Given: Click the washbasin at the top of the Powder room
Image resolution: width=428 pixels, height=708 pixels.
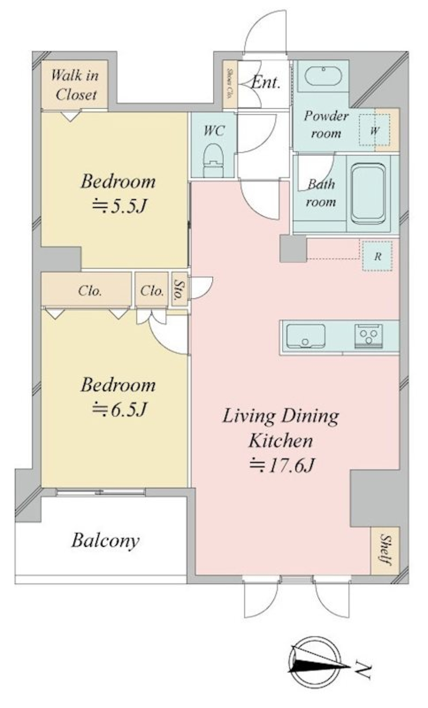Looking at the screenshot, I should coord(323,76).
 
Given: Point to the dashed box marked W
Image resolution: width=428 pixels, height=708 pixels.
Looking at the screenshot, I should coord(374,130).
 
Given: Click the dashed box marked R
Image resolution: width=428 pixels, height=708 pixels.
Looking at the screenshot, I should coord(377,256).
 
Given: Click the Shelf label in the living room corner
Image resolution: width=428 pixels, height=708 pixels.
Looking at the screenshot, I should coord(385,551).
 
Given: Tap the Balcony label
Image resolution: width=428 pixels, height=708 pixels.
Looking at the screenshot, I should coord(105,540).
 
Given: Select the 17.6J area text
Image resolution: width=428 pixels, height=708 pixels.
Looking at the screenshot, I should coord(282,465).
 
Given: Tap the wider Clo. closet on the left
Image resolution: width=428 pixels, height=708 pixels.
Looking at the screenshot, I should coord(90,291).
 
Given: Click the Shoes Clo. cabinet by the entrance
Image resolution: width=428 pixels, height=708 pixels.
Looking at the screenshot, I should coord(230,84).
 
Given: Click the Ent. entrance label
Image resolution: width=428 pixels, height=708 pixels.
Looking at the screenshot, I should coord(266,83).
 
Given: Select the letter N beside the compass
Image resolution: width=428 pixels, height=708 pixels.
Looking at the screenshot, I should coord(363,670).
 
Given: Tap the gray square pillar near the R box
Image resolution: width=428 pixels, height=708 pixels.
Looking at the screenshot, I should coord(293,248).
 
